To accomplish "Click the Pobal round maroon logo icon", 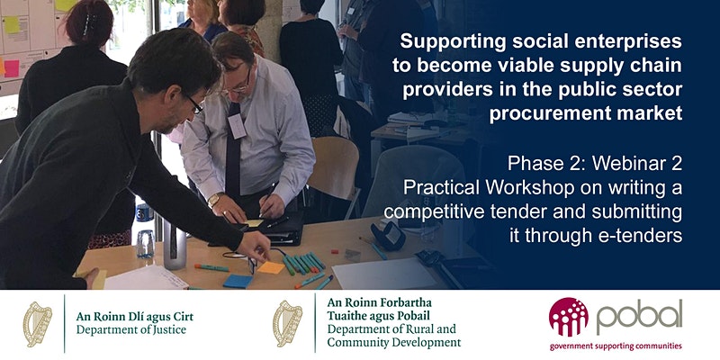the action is tap(568, 318).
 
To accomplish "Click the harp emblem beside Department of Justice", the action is tap(38, 324).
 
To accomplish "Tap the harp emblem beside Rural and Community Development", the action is tap(287, 324).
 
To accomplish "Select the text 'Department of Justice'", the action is tap(131, 329).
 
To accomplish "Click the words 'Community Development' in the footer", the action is tap(394, 342).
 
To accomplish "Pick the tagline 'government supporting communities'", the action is tap(616, 346).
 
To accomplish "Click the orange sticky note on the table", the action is tap(271, 267).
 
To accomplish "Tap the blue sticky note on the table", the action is tap(238, 281).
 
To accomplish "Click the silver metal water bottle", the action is tap(175, 244).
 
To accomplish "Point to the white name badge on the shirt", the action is tap(237, 126).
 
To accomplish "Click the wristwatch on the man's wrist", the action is tap(213, 200).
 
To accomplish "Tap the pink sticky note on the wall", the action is tap(11, 68).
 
